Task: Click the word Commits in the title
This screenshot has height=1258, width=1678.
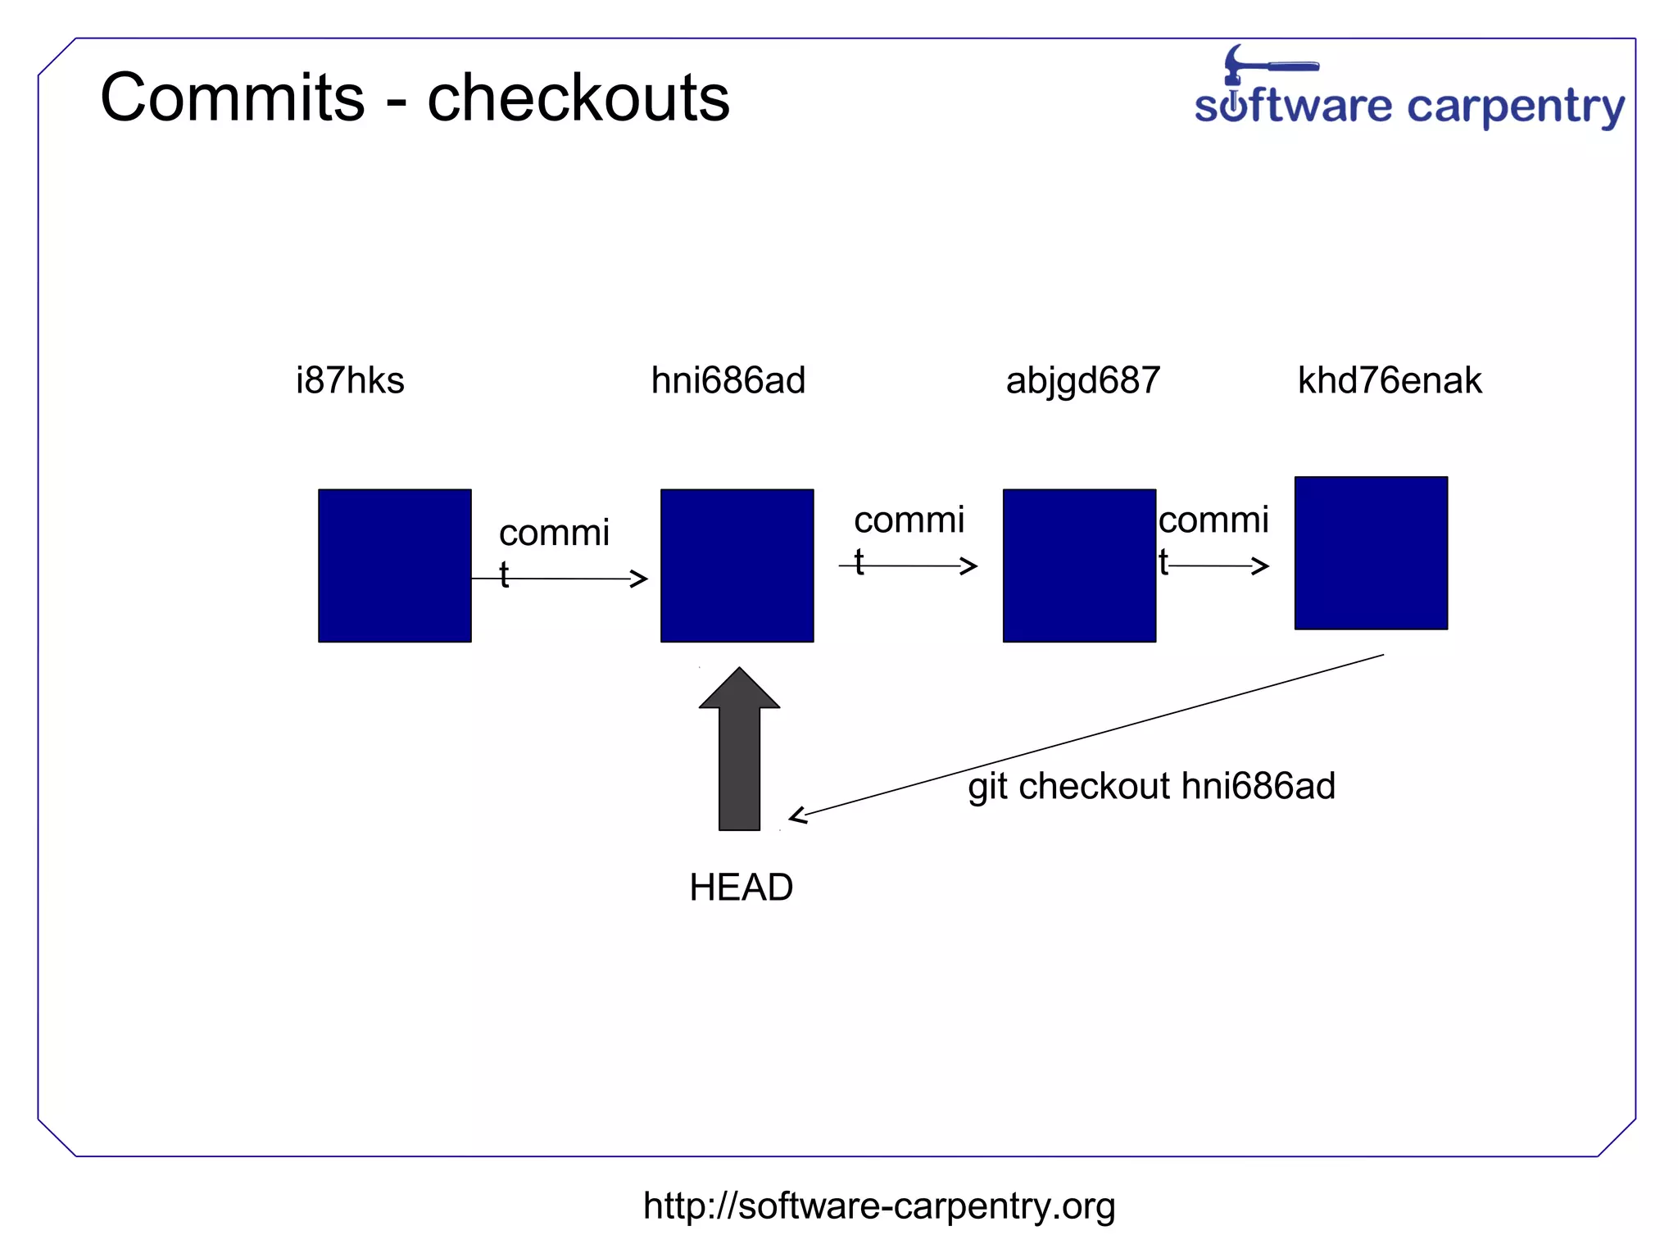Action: click(232, 98)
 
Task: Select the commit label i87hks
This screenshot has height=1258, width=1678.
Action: click(350, 381)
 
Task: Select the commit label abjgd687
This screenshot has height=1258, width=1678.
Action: click(1082, 381)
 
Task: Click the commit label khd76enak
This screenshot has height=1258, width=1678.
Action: click(1390, 381)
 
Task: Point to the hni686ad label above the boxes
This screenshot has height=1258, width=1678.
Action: click(728, 381)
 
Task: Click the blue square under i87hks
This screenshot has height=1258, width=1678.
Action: click(394, 565)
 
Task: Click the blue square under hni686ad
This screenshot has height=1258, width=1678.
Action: click(737, 565)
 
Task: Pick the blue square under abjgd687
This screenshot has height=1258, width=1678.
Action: click(1079, 565)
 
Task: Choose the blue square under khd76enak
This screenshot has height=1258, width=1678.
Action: click(1371, 553)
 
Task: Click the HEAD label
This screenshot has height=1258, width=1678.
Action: click(741, 888)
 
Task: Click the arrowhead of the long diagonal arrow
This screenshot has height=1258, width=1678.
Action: click(796, 815)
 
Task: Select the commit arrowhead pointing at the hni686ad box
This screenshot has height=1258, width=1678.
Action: click(640, 579)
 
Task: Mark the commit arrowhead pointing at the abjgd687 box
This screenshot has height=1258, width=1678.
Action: click(969, 565)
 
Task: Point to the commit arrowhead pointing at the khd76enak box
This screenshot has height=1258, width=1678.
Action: click(1261, 565)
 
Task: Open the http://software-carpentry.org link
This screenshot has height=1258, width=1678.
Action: click(878, 1206)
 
